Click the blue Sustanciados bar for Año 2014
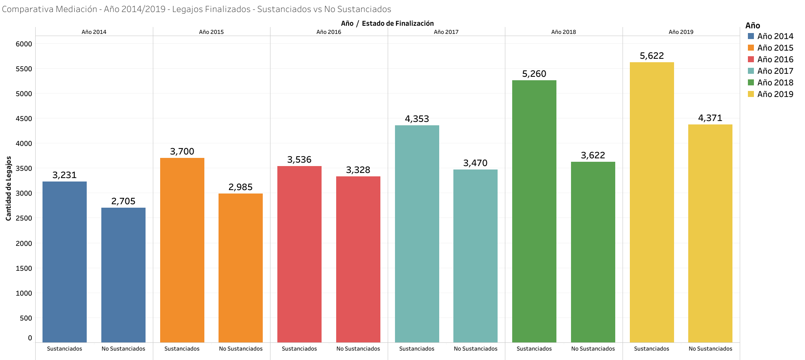point(64,262)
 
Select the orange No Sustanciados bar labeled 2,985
point(240,268)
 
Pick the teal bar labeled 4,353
point(417,234)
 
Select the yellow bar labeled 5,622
point(652,202)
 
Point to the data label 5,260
point(534,74)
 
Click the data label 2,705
point(123,201)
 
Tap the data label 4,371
point(710,118)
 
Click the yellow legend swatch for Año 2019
point(751,94)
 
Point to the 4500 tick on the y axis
point(24,119)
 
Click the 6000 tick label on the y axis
point(24,44)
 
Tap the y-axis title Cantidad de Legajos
point(9,189)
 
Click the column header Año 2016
point(329,32)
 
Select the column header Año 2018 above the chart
point(563,32)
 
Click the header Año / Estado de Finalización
point(387,24)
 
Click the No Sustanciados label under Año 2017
point(475,349)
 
